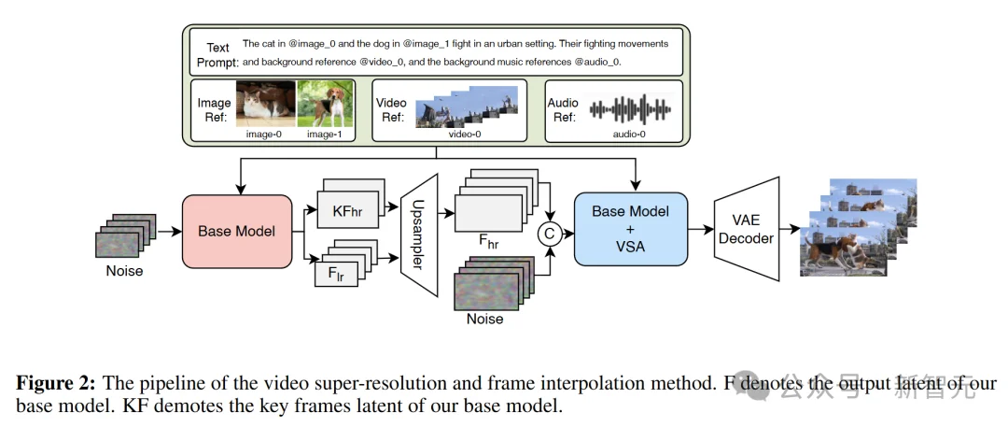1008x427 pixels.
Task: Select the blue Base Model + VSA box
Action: (x=630, y=229)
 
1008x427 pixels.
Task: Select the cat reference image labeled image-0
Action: (x=265, y=103)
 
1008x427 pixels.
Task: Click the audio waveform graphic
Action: (x=630, y=108)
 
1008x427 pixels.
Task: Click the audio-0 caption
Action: (x=629, y=135)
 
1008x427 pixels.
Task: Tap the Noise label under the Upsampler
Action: (x=484, y=319)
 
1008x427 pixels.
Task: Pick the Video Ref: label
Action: (x=390, y=109)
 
